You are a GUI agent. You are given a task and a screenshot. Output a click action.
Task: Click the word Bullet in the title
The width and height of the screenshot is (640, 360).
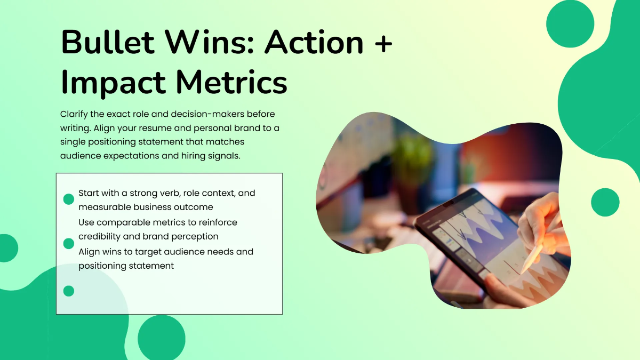pos(108,42)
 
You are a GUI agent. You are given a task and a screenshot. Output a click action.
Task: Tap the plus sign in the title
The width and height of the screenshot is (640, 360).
pos(382,43)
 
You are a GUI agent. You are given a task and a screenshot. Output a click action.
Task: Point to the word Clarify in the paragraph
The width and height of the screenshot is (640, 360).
pos(74,114)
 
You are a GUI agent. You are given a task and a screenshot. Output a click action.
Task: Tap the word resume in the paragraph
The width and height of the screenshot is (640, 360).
pos(155,128)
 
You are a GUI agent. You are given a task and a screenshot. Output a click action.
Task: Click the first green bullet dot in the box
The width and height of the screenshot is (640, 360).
pos(69,199)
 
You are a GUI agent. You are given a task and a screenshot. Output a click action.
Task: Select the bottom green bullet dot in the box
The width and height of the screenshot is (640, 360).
pos(69,291)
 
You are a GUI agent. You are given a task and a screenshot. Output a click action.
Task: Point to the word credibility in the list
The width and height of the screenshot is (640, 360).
pos(99,237)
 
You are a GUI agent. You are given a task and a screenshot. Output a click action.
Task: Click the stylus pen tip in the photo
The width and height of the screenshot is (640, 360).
pos(522,274)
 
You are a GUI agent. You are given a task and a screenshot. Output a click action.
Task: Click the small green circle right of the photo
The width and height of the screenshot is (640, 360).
pos(605,202)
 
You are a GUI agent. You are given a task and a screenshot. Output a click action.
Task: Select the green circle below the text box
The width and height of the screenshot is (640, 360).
pos(162,338)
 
